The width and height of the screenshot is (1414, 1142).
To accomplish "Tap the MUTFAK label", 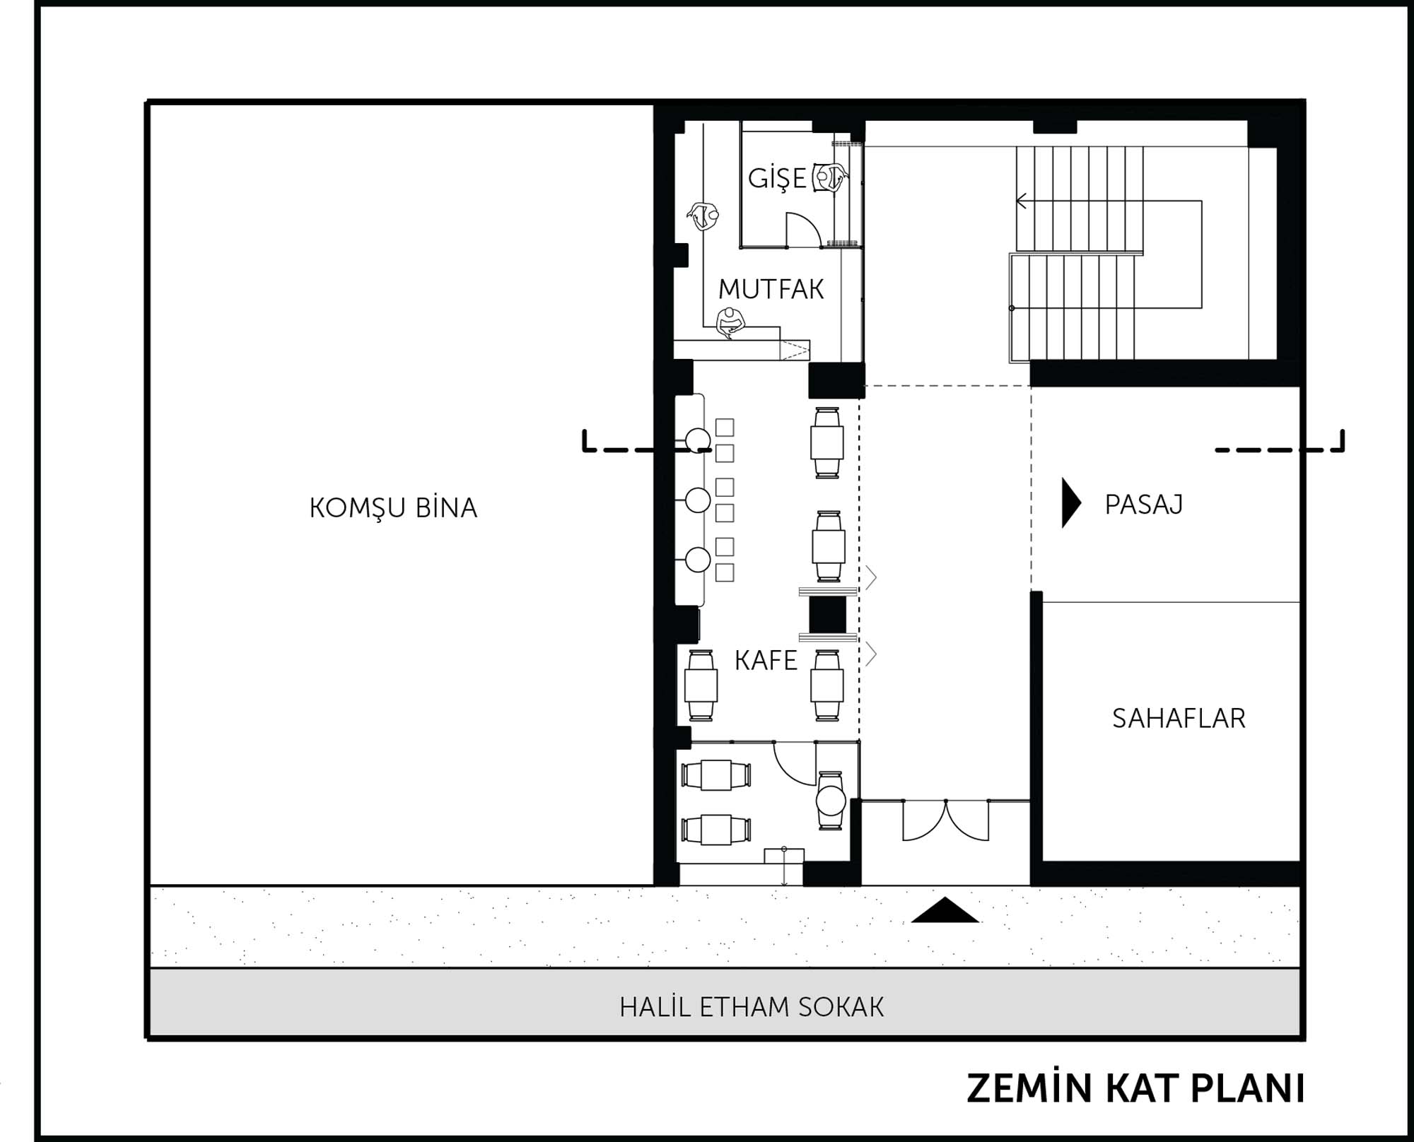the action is click(771, 289).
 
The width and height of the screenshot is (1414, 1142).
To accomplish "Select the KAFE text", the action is click(766, 660).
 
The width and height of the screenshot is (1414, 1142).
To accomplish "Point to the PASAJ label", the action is click(1143, 504).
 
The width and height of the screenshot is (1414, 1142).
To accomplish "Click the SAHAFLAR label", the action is click(1179, 718).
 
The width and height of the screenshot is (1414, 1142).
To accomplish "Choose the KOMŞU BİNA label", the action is click(393, 507).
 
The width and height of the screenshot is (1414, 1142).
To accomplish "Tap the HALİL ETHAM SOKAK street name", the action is click(752, 1007).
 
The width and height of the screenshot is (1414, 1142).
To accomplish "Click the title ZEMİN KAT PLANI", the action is click(1135, 1088).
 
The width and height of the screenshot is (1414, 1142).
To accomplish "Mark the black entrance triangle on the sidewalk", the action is click(945, 910).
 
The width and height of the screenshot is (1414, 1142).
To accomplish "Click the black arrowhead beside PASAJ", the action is click(1071, 503).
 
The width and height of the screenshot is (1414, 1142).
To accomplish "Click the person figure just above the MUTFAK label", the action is click(730, 323).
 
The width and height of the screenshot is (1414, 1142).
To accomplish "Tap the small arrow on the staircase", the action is click(1022, 201).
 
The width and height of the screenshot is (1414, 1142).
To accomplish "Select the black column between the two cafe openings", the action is click(827, 614).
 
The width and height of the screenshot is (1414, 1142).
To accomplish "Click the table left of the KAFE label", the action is click(701, 685).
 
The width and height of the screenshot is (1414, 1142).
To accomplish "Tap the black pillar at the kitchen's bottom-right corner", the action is click(836, 380).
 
